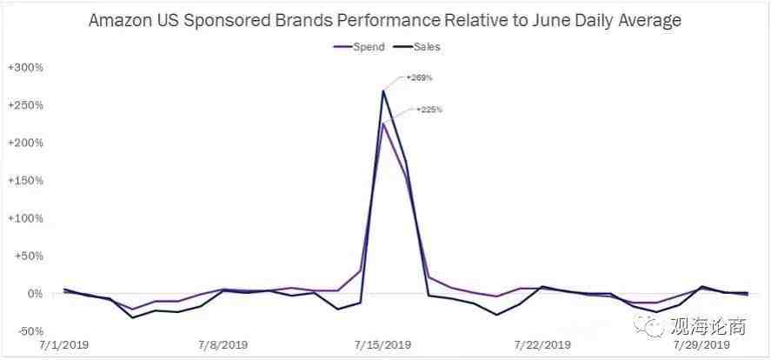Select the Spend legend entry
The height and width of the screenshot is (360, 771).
(x=358, y=46)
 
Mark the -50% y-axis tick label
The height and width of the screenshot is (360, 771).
(x=28, y=331)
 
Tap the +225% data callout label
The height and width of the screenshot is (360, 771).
(x=429, y=110)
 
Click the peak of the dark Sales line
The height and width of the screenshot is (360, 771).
(x=382, y=90)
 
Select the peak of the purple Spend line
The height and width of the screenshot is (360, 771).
(x=382, y=123)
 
